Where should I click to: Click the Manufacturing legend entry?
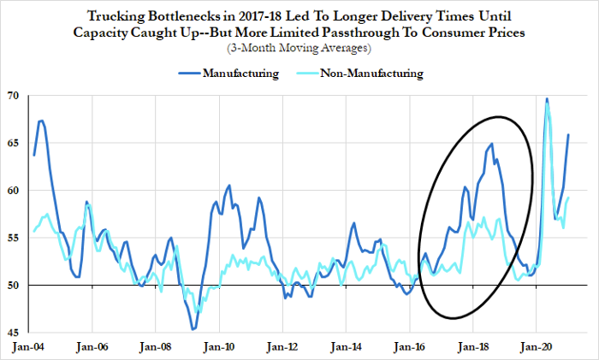(x=240, y=74)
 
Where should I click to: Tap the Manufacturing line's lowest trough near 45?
(x=193, y=329)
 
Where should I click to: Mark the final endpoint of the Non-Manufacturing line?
(x=569, y=198)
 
